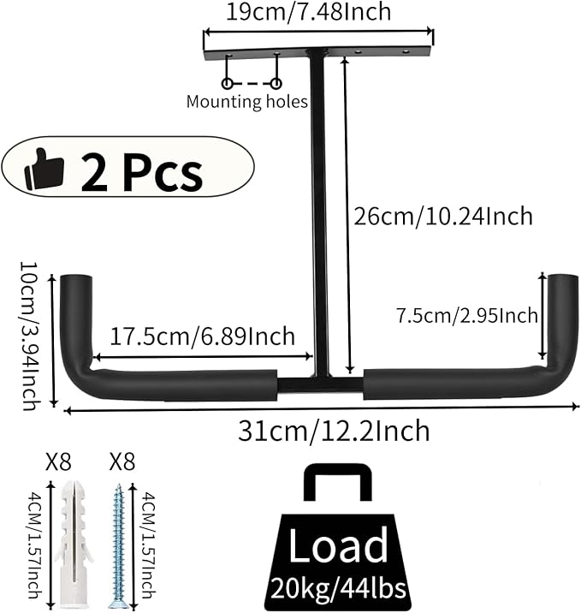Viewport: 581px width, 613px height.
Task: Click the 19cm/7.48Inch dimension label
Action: tap(309, 12)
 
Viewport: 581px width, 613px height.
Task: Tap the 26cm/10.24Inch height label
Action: tap(443, 217)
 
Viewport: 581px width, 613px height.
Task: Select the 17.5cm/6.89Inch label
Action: tap(202, 336)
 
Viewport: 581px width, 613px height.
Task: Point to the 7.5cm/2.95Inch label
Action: tap(467, 316)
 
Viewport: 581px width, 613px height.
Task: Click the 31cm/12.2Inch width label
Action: tap(334, 431)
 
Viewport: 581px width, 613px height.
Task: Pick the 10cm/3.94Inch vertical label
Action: tap(29, 336)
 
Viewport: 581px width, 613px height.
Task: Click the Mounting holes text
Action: tap(247, 101)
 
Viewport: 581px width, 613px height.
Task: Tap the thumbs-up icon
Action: tap(44, 169)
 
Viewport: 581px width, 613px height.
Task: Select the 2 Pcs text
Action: tap(142, 172)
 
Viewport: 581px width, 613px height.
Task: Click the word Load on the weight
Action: tap(338, 545)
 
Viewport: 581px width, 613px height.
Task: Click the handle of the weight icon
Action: tap(338, 471)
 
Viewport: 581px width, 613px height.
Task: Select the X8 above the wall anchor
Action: tap(58, 461)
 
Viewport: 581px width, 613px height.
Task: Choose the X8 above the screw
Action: tap(122, 461)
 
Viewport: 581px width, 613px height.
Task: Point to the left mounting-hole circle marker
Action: tap(227, 83)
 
